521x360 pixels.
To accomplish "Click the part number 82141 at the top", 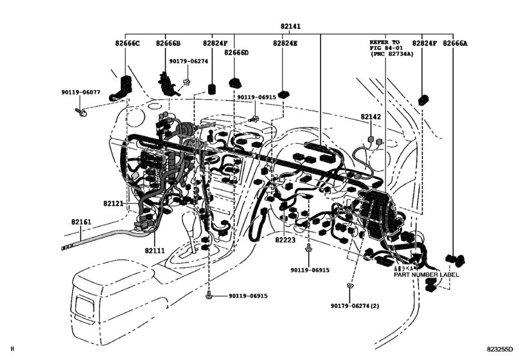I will click(x=290, y=26).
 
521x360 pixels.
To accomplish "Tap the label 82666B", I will click(x=168, y=44).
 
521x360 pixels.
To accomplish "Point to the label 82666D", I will click(x=236, y=53).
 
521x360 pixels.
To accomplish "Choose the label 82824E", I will click(x=285, y=44).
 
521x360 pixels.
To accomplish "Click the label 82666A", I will click(x=455, y=44).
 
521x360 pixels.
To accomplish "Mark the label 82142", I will click(x=371, y=117).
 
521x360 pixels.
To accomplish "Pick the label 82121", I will click(x=113, y=203).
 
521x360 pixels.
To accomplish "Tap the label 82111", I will click(x=155, y=251).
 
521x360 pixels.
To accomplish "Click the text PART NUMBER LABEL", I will click(x=427, y=274).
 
